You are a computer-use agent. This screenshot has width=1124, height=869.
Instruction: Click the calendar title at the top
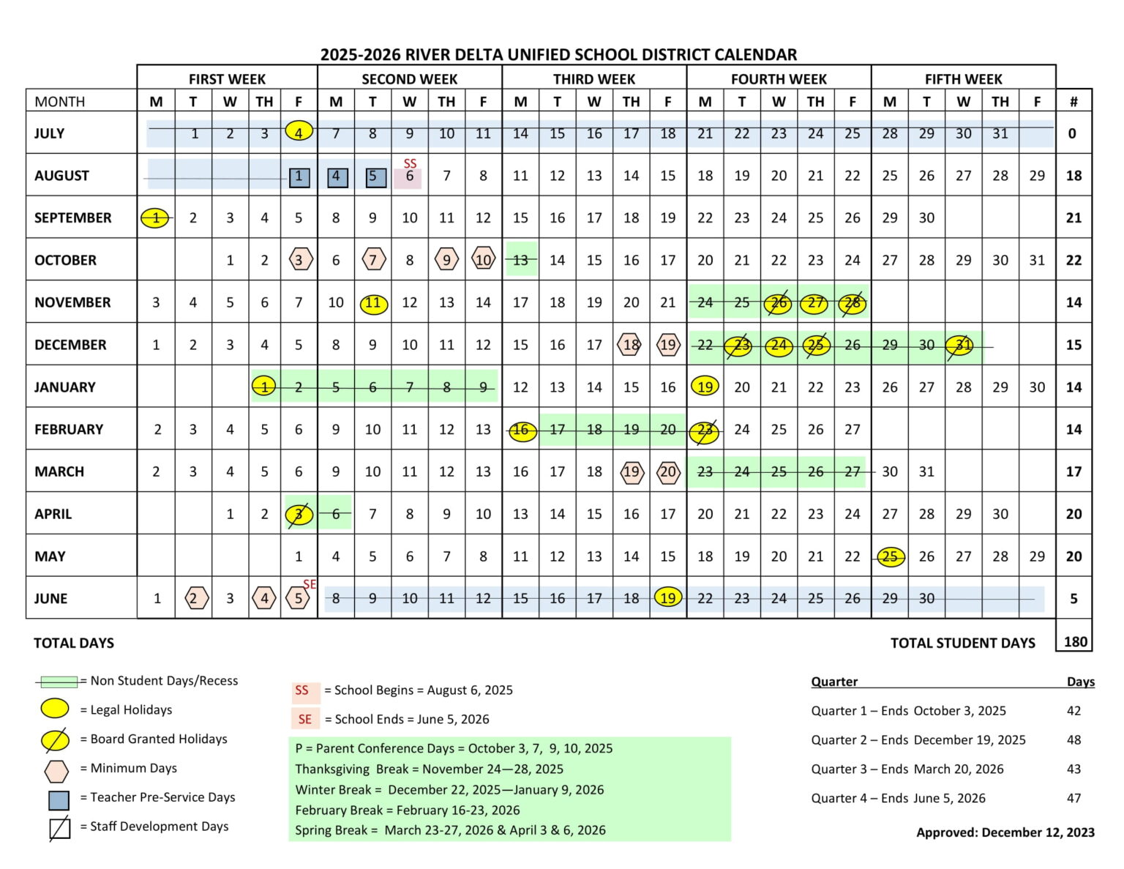pyautogui.click(x=558, y=55)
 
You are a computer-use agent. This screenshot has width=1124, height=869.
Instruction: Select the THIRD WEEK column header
pyautogui.click(x=593, y=79)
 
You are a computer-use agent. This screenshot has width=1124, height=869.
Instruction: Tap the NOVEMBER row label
pyautogui.click(x=72, y=302)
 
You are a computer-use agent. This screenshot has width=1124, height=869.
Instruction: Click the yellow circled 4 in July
pyautogui.click(x=299, y=132)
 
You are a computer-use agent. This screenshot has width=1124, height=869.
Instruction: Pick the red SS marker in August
pyautogui.click(x=410, y=163)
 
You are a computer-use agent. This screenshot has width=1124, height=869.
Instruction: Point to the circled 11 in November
pyautogui.click(x=373, y=303)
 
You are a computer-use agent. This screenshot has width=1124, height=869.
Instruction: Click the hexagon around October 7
pyautogui.click(x=373, y=260)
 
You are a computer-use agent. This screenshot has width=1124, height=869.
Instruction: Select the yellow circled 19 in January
pyautogui.click(x=705, y=387)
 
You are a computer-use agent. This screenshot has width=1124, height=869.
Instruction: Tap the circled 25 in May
pyautogui.click(x=890, y=556)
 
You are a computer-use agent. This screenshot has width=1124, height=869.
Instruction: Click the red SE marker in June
pyautogui.click(x=310, y=584)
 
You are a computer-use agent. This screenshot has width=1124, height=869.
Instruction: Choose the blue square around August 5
pyautogui.click(x=373, y=176)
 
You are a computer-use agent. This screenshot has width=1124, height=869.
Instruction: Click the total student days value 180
pyautogui.click(x=1075, y=642)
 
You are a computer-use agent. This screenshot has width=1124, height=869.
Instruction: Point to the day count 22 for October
pyautogui.click(x=1074, y=260)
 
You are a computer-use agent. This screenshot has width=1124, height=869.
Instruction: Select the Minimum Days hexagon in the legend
pyautogui.click(x=56, y=770)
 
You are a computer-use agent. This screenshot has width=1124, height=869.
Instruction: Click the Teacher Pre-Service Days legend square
pyautogui.click(x=59, y=799)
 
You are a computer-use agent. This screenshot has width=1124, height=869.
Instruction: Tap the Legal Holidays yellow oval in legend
pyautogui.click(x=56, y=709)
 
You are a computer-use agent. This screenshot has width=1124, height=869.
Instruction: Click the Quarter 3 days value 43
pyautogui.click(x=1074, y=769)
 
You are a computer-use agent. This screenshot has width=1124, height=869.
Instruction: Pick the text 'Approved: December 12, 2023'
pyautogui.click(x=1005, y=832)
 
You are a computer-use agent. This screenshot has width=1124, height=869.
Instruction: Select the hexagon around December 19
pyautogui.click(x=668, y=345)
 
